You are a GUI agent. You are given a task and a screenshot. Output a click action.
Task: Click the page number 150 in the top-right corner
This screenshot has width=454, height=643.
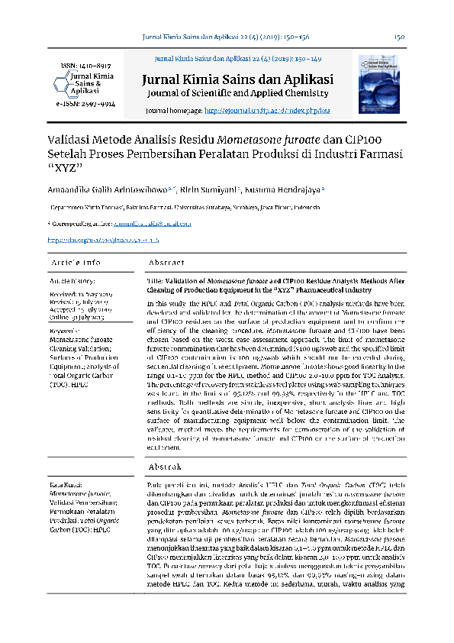pyautogui.click(x=399, y=37)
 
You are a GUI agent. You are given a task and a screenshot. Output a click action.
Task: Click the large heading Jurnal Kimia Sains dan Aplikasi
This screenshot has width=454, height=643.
pyautogui.click(x=237, y=79)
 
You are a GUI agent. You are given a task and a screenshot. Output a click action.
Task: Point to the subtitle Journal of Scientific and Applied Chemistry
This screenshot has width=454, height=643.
pyautogui.click(x=237, y=93)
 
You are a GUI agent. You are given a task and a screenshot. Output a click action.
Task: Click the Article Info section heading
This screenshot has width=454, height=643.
pyautogui.click(x=76, y=263)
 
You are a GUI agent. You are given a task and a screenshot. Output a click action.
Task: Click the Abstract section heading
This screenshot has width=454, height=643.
pyautogui.click(x=166, y=263)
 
